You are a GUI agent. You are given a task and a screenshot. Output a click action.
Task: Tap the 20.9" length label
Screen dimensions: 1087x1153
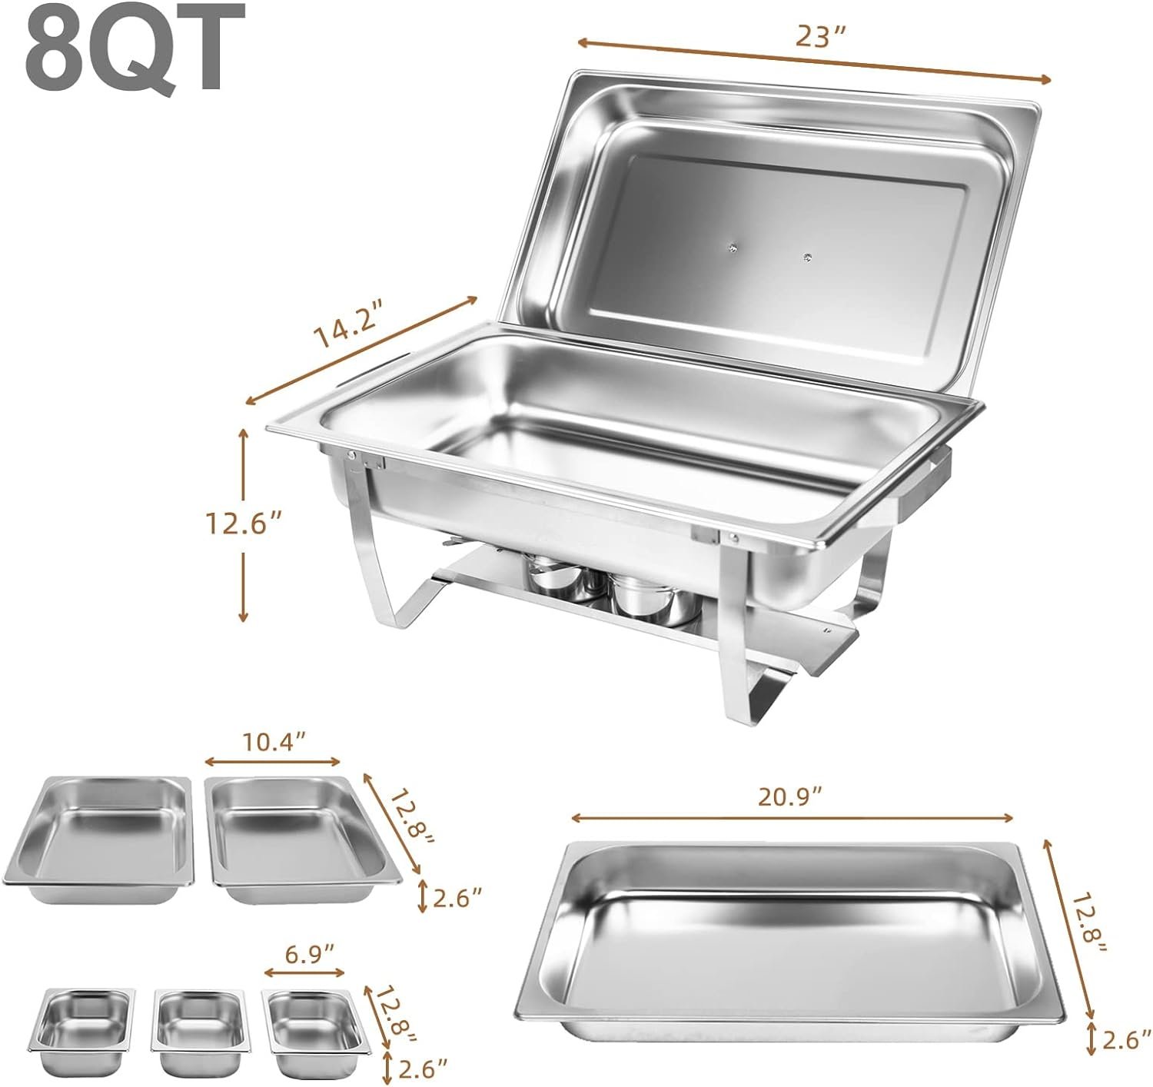coord(792,797)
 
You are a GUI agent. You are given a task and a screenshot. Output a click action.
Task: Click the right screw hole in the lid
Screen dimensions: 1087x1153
coord(806,256)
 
